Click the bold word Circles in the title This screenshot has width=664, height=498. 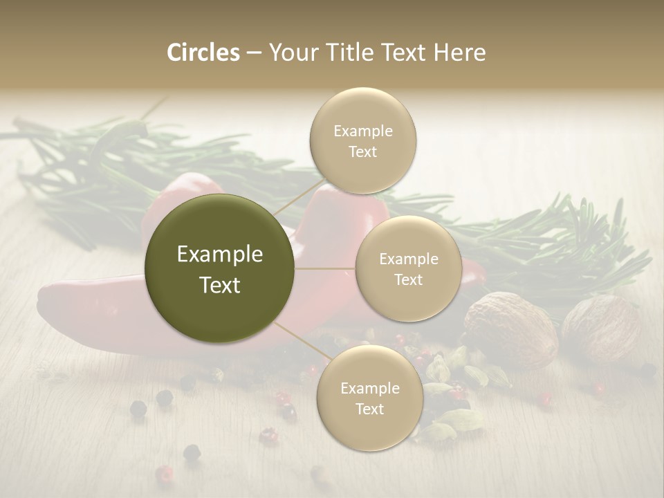click(203, 53)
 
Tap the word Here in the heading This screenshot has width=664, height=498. click(460, 53)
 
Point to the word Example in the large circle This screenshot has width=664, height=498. click(220, 255)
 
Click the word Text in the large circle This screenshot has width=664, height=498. click(220, 285)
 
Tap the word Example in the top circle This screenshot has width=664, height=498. click(363, 131)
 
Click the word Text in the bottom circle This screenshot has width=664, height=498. click(369, 409)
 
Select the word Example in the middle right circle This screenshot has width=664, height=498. click(409, 259)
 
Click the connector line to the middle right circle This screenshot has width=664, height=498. click(324, 268)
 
